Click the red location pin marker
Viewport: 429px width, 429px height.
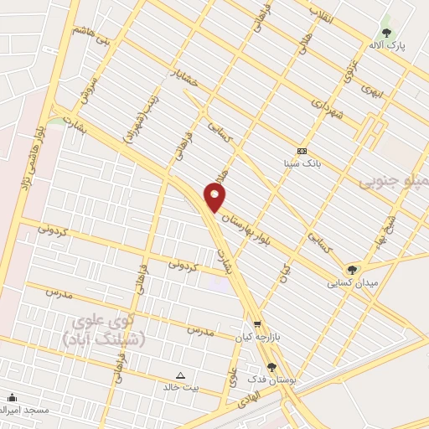click(215, 198)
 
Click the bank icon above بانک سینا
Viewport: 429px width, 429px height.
click(302, 151)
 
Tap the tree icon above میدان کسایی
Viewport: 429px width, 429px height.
click(352, 269)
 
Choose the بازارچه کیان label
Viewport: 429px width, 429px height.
click(256, 337)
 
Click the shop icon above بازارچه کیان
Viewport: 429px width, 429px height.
click(256, 324)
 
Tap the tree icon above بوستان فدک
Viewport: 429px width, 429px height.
click(271, 367)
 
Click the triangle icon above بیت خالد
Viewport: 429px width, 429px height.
click(181, 376)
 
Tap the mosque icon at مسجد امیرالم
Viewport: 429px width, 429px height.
click(11, 398)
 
